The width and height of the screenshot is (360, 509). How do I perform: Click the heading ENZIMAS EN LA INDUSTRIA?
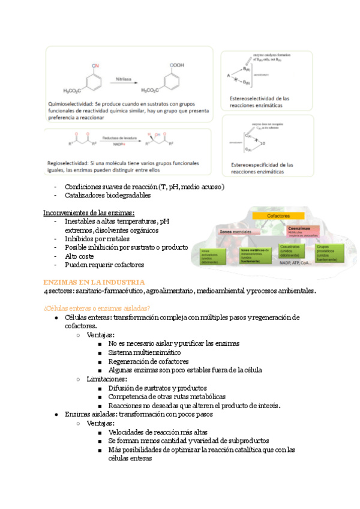coord(94,282)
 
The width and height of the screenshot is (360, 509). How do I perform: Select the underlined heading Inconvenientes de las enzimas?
coord(88,213)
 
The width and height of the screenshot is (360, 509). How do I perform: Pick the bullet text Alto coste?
coord(80,256)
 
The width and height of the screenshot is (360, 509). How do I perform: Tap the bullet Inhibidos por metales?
coord(98,239)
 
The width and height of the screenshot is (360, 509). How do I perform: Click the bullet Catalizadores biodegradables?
coord(107,195)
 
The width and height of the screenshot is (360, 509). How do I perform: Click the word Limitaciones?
coord(107,379)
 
